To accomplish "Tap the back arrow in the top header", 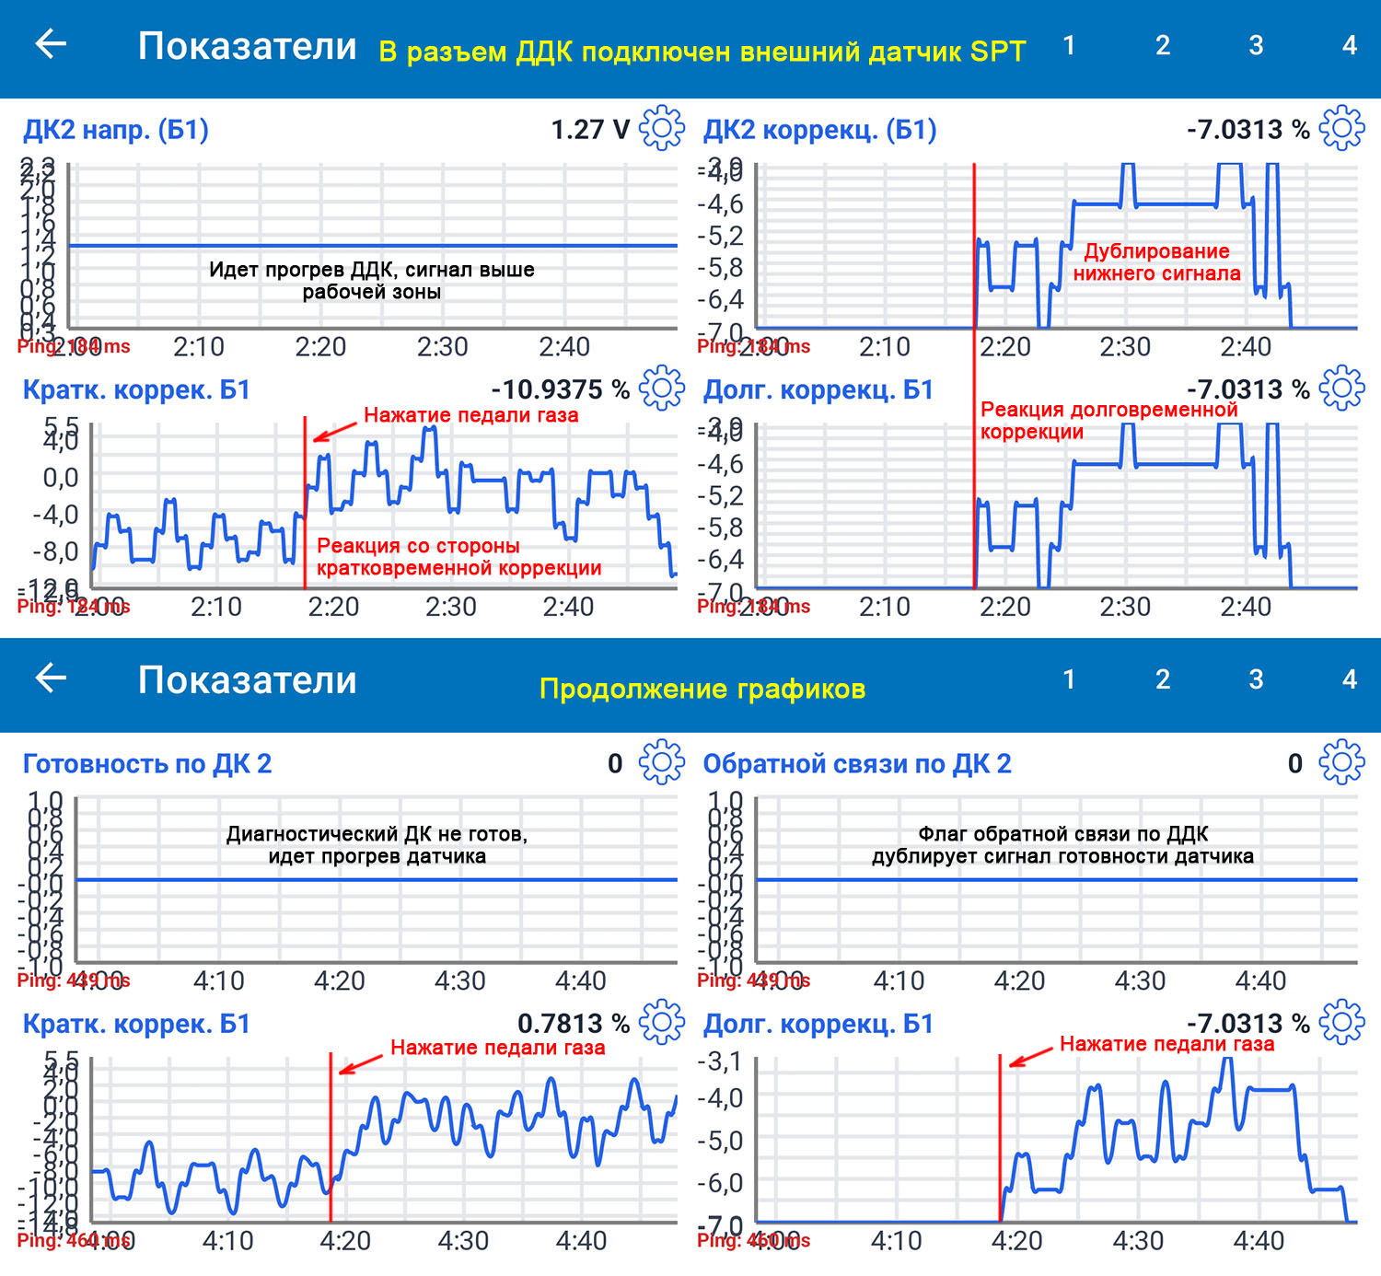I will click(x=51, y=43).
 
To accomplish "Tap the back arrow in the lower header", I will click(x=51, y=678).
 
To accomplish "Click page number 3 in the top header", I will click(x=1256, y=45).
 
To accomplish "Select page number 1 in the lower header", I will click(x=1069, y=679).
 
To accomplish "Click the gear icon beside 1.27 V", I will click(x=661, y=129).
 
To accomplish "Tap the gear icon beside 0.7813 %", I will click(x=661, y=1023).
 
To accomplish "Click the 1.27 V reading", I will click(x=590, y=130).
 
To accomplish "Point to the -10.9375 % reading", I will click(x=560, y=389).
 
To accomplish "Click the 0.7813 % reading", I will click(x=573, y=1024).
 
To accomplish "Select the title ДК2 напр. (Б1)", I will click(x=116, y=130).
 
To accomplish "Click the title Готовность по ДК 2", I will click(x=147, y=764).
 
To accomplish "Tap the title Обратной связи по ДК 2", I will click(x=857, y=764).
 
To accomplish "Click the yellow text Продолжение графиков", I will click(x=702, y=689).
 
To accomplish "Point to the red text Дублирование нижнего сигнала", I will click(x=1156, y=262).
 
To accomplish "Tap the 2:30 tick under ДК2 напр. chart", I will click(x=442, y=347).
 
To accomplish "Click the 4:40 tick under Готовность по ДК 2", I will click(x=580, y=981).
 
